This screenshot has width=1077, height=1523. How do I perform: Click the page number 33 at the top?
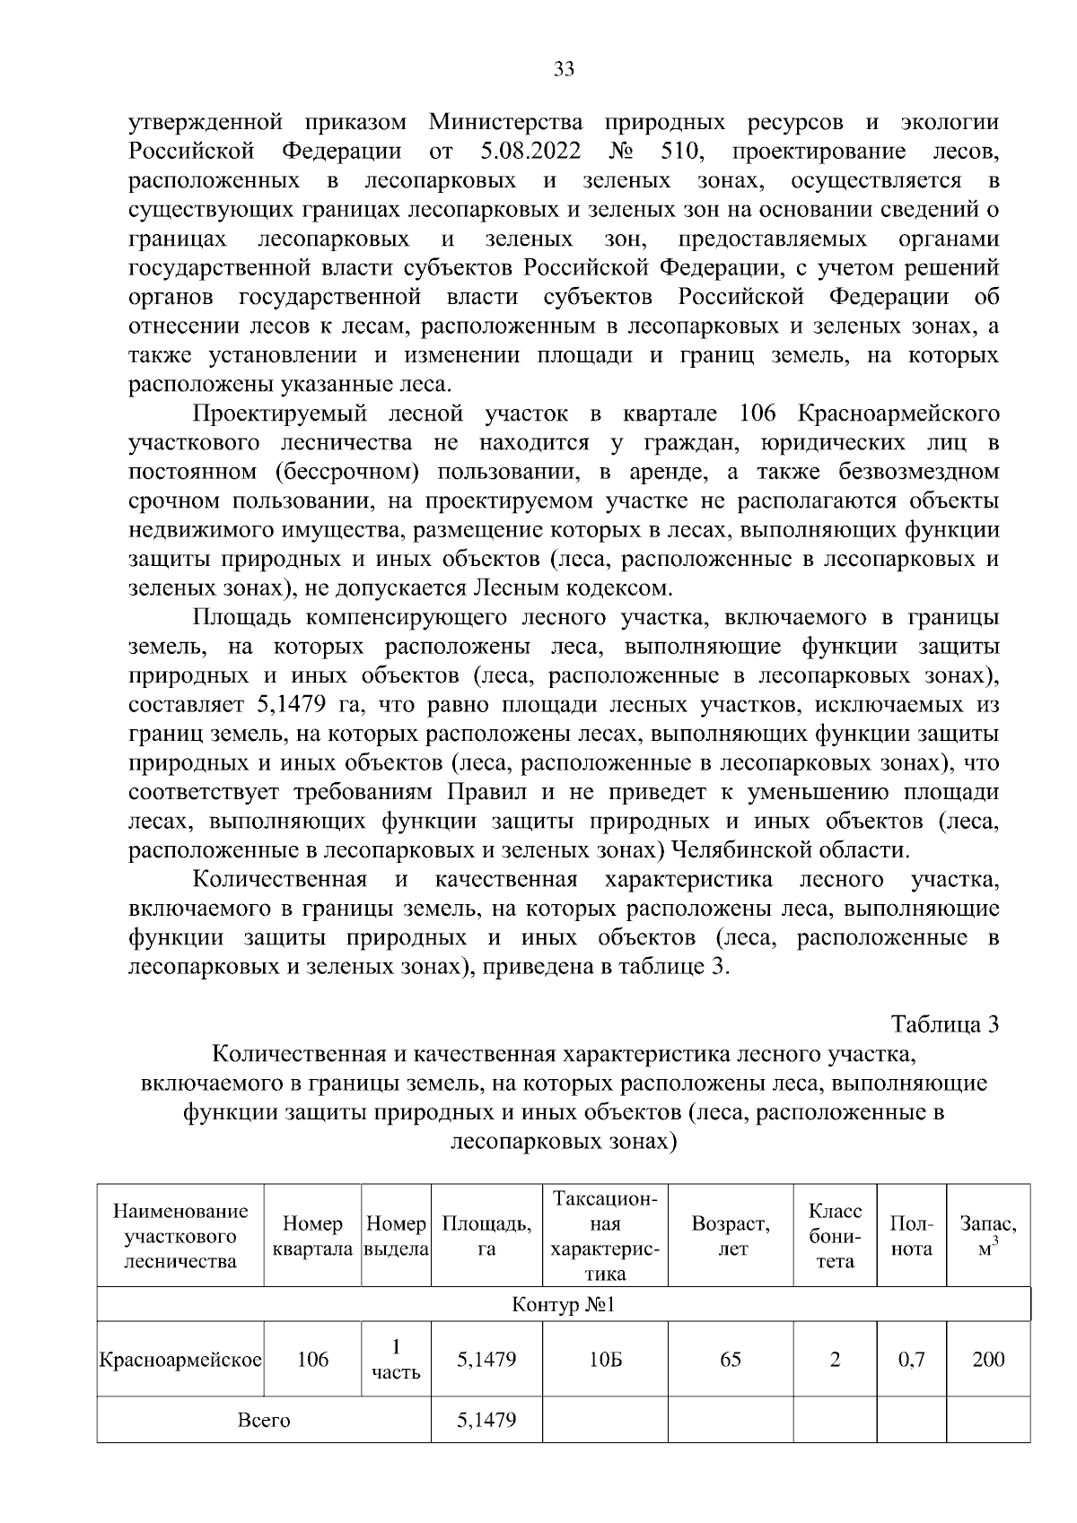tap(564, 69)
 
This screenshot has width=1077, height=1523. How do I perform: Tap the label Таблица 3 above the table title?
tap(944, 1024)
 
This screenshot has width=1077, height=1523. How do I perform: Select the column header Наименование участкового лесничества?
tap(180, 1236)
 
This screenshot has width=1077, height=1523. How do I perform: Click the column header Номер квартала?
tap(312, 1236)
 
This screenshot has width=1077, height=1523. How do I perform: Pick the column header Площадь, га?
tap(486, 1236)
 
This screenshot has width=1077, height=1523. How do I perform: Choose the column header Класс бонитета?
tap(835, 1236)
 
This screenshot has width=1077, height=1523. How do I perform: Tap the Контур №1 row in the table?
tap(563, 1304)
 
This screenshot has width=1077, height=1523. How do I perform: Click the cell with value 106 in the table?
tap(312, 1359)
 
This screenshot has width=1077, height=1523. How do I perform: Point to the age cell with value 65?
tap(731, 1359)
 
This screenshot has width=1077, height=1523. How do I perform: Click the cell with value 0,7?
tap(911, 1359)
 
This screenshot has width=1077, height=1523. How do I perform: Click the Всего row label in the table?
tap(264, 1420)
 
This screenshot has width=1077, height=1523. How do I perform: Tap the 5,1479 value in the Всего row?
tap(486, 1420)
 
